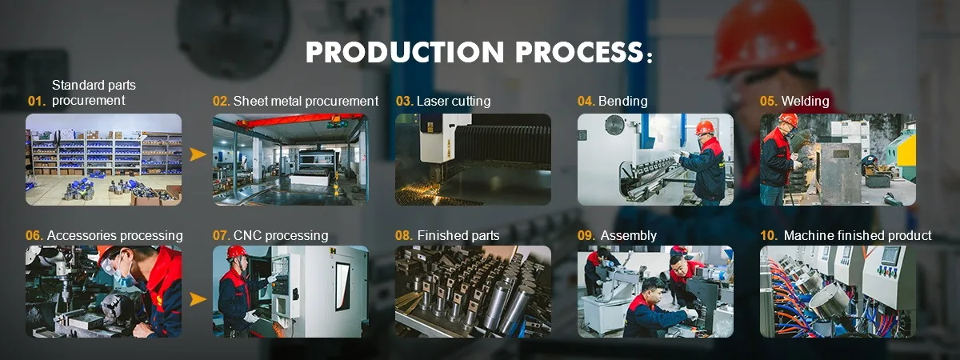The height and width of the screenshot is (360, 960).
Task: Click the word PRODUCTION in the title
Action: click(x=405, y=52)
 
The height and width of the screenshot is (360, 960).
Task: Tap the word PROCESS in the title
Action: click(x=579, y=52)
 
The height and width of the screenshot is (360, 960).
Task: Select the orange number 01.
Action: click(x=37, y=101)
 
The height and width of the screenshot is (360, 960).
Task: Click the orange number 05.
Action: click(x=769, y=101)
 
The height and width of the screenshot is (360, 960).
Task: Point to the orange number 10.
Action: click(x=769, y=236)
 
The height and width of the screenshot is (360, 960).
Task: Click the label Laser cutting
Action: click(x=454, y=101)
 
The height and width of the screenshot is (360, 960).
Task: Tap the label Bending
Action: click(x=622, y=101)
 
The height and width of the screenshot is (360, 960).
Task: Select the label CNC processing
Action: click(x=281, y=236)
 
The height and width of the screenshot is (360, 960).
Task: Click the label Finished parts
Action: click(x=458, y=236)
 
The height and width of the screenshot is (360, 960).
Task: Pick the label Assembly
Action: click(x=628, y=236)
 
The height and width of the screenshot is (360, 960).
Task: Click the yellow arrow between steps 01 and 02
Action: click(x=198, y=154)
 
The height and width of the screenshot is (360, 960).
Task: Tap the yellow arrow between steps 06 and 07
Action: click(x=198, y=299)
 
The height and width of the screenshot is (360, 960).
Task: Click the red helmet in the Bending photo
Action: click(x=705, y=127)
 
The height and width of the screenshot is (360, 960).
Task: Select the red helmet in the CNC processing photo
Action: click(x=237, y=252)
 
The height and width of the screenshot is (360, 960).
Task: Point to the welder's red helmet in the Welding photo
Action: click(x=788, y=119)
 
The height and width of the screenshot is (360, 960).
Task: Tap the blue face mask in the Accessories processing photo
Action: click(x=124, y=278)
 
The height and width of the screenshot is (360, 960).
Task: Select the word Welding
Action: click(x=805, y=101)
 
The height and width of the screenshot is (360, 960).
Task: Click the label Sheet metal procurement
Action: click(x=306, y=101)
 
